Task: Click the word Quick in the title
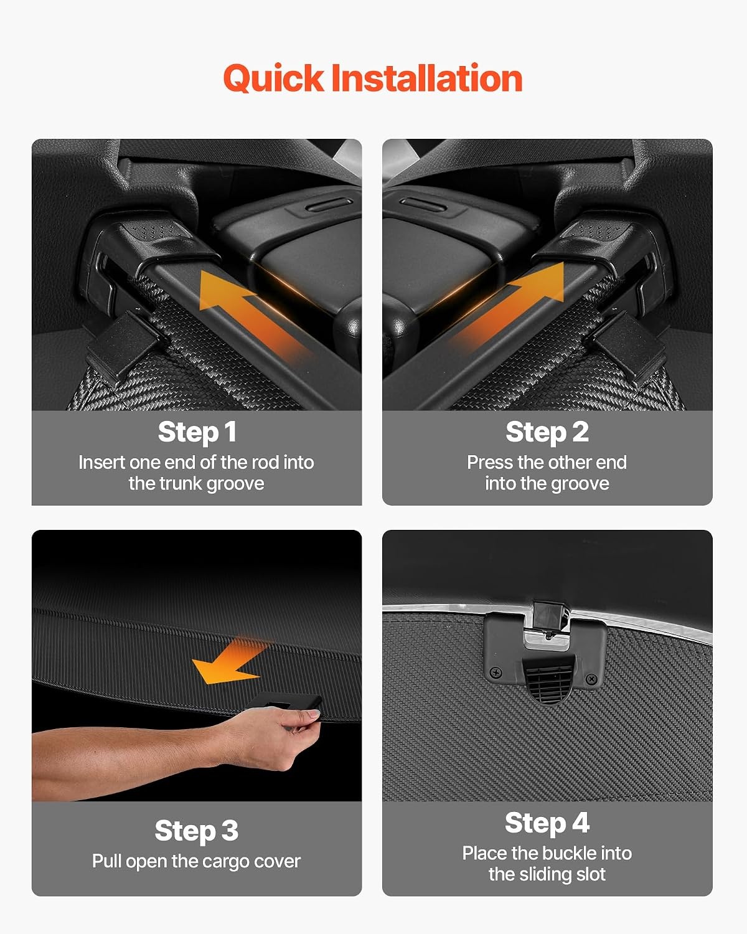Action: pos(273,78)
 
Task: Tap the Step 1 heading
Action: pos(197,432)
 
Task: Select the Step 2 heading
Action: pos(547,432)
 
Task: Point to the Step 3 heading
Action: pos(197,831)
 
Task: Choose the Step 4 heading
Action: pos(547,823)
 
